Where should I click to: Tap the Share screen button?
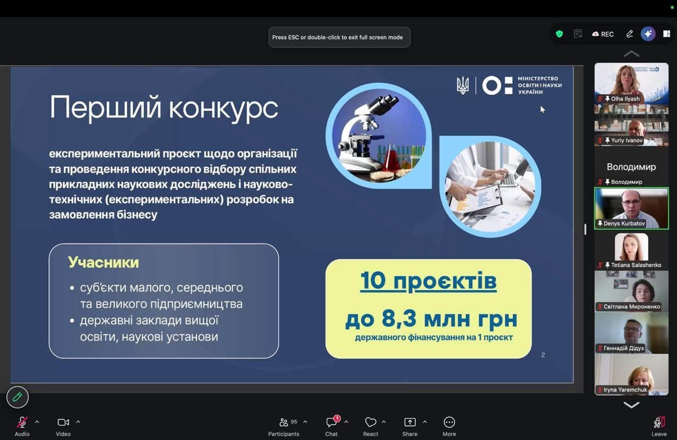pyautogui.click(x=409, y=422)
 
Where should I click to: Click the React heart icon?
pyautogui.click(x=371, y=422)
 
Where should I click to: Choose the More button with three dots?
pyautogui.click(x=449, y=422)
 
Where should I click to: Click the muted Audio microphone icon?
pyautogui.click(x=22, y=422)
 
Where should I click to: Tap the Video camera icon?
pyautogui.click(x=63, y=422)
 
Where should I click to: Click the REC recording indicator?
pyautogui.click(x=603, y=34)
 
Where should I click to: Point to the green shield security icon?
pyautogui.click(x=559, y=34)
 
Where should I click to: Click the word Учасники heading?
pyautogui.click(x=104, y=262)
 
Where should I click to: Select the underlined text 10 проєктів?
pyautogui.click(x=429, y=281)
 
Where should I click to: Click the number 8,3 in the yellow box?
pyautogui.click(x=399, y=318)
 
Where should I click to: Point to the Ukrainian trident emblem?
pyautogui.click(x=462, y=85)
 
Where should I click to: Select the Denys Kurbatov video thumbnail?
pyautogui.click(x=631, y=208)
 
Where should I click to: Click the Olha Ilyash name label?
pyautogui.click(x=625, y=99)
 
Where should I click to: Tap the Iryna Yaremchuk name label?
pyautogui.click(x=625, y=390)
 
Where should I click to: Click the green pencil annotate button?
pyautogui.click(x=18, y=397)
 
